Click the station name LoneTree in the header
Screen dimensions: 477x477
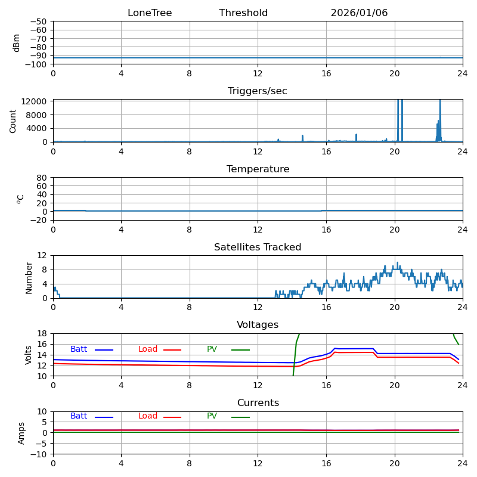click(x=150, y=13)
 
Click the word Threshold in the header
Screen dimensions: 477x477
click(x=243, y=13)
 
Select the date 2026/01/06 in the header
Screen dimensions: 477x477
click(x=359, y=13)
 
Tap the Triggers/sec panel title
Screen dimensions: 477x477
click(x=258, y=91)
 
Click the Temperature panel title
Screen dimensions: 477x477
click(x=258, y=169)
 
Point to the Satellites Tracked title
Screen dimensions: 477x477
click(x=258, y=247)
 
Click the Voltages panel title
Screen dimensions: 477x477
click(x=258, y=325)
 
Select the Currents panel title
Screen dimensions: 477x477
click(x=258, y=403)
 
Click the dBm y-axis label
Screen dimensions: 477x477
click(x=17, y=43)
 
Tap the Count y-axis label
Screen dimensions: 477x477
click(x=13, y=120)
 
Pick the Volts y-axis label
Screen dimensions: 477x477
click(x=29, y=355)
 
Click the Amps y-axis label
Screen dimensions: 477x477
click(x=22, y=433)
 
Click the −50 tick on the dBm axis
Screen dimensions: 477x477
click(x=38, y=21)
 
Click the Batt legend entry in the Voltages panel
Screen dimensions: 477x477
click(x=79, y=349)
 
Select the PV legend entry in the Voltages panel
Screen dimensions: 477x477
click(x=212, y=349)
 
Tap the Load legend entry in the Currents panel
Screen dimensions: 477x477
click(x=148, y=416)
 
